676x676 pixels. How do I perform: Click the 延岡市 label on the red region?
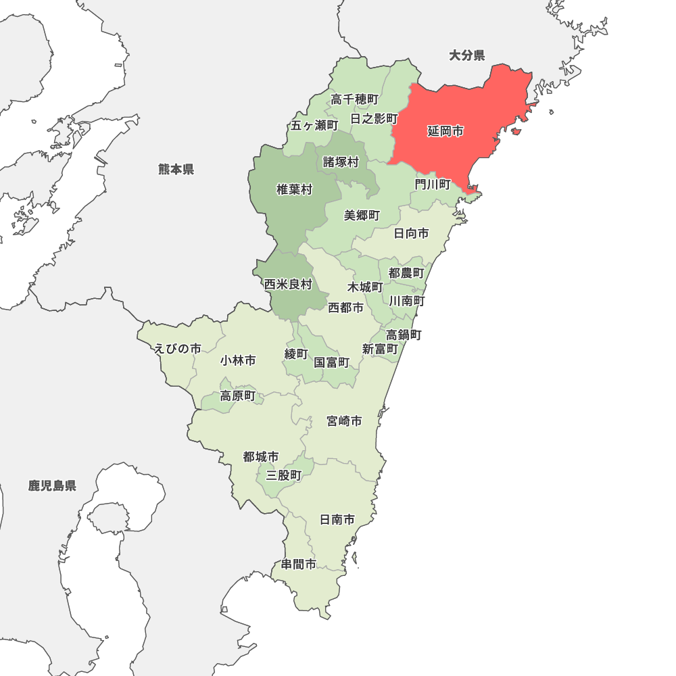point(445,131)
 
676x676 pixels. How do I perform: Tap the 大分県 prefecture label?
point(467,55)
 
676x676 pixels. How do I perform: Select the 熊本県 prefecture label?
point(176,169)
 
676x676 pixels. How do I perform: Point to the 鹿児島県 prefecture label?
point(52,485)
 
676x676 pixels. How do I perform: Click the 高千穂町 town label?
point(354,99)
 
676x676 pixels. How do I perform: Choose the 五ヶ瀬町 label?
point(314,125)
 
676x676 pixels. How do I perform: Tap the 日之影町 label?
point(374,118)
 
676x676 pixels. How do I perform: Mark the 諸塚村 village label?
point(341,162)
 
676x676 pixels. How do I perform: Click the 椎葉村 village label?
point(295,189)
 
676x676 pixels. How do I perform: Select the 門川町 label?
point(433,184)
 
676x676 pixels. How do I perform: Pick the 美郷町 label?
point(362,215)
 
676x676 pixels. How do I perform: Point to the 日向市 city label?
point(411,233)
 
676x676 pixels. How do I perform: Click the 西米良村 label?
point(288,284)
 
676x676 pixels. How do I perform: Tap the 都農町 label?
point(406,272)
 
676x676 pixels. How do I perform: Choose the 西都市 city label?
point(345,308)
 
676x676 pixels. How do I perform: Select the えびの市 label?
point(178,348)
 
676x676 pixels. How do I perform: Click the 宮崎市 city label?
point(344,421)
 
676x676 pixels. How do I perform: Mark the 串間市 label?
point(299,564)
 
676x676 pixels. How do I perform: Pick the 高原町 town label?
point(238,395)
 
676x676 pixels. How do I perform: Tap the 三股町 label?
point(284,475)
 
